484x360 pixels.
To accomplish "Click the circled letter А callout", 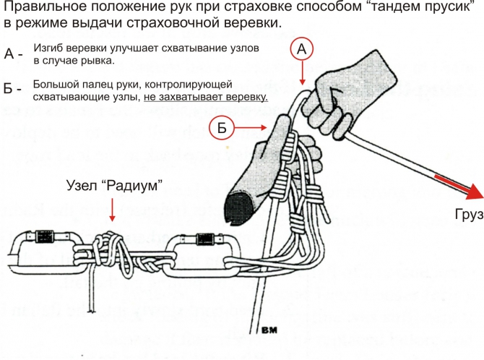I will tap(303, 50).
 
